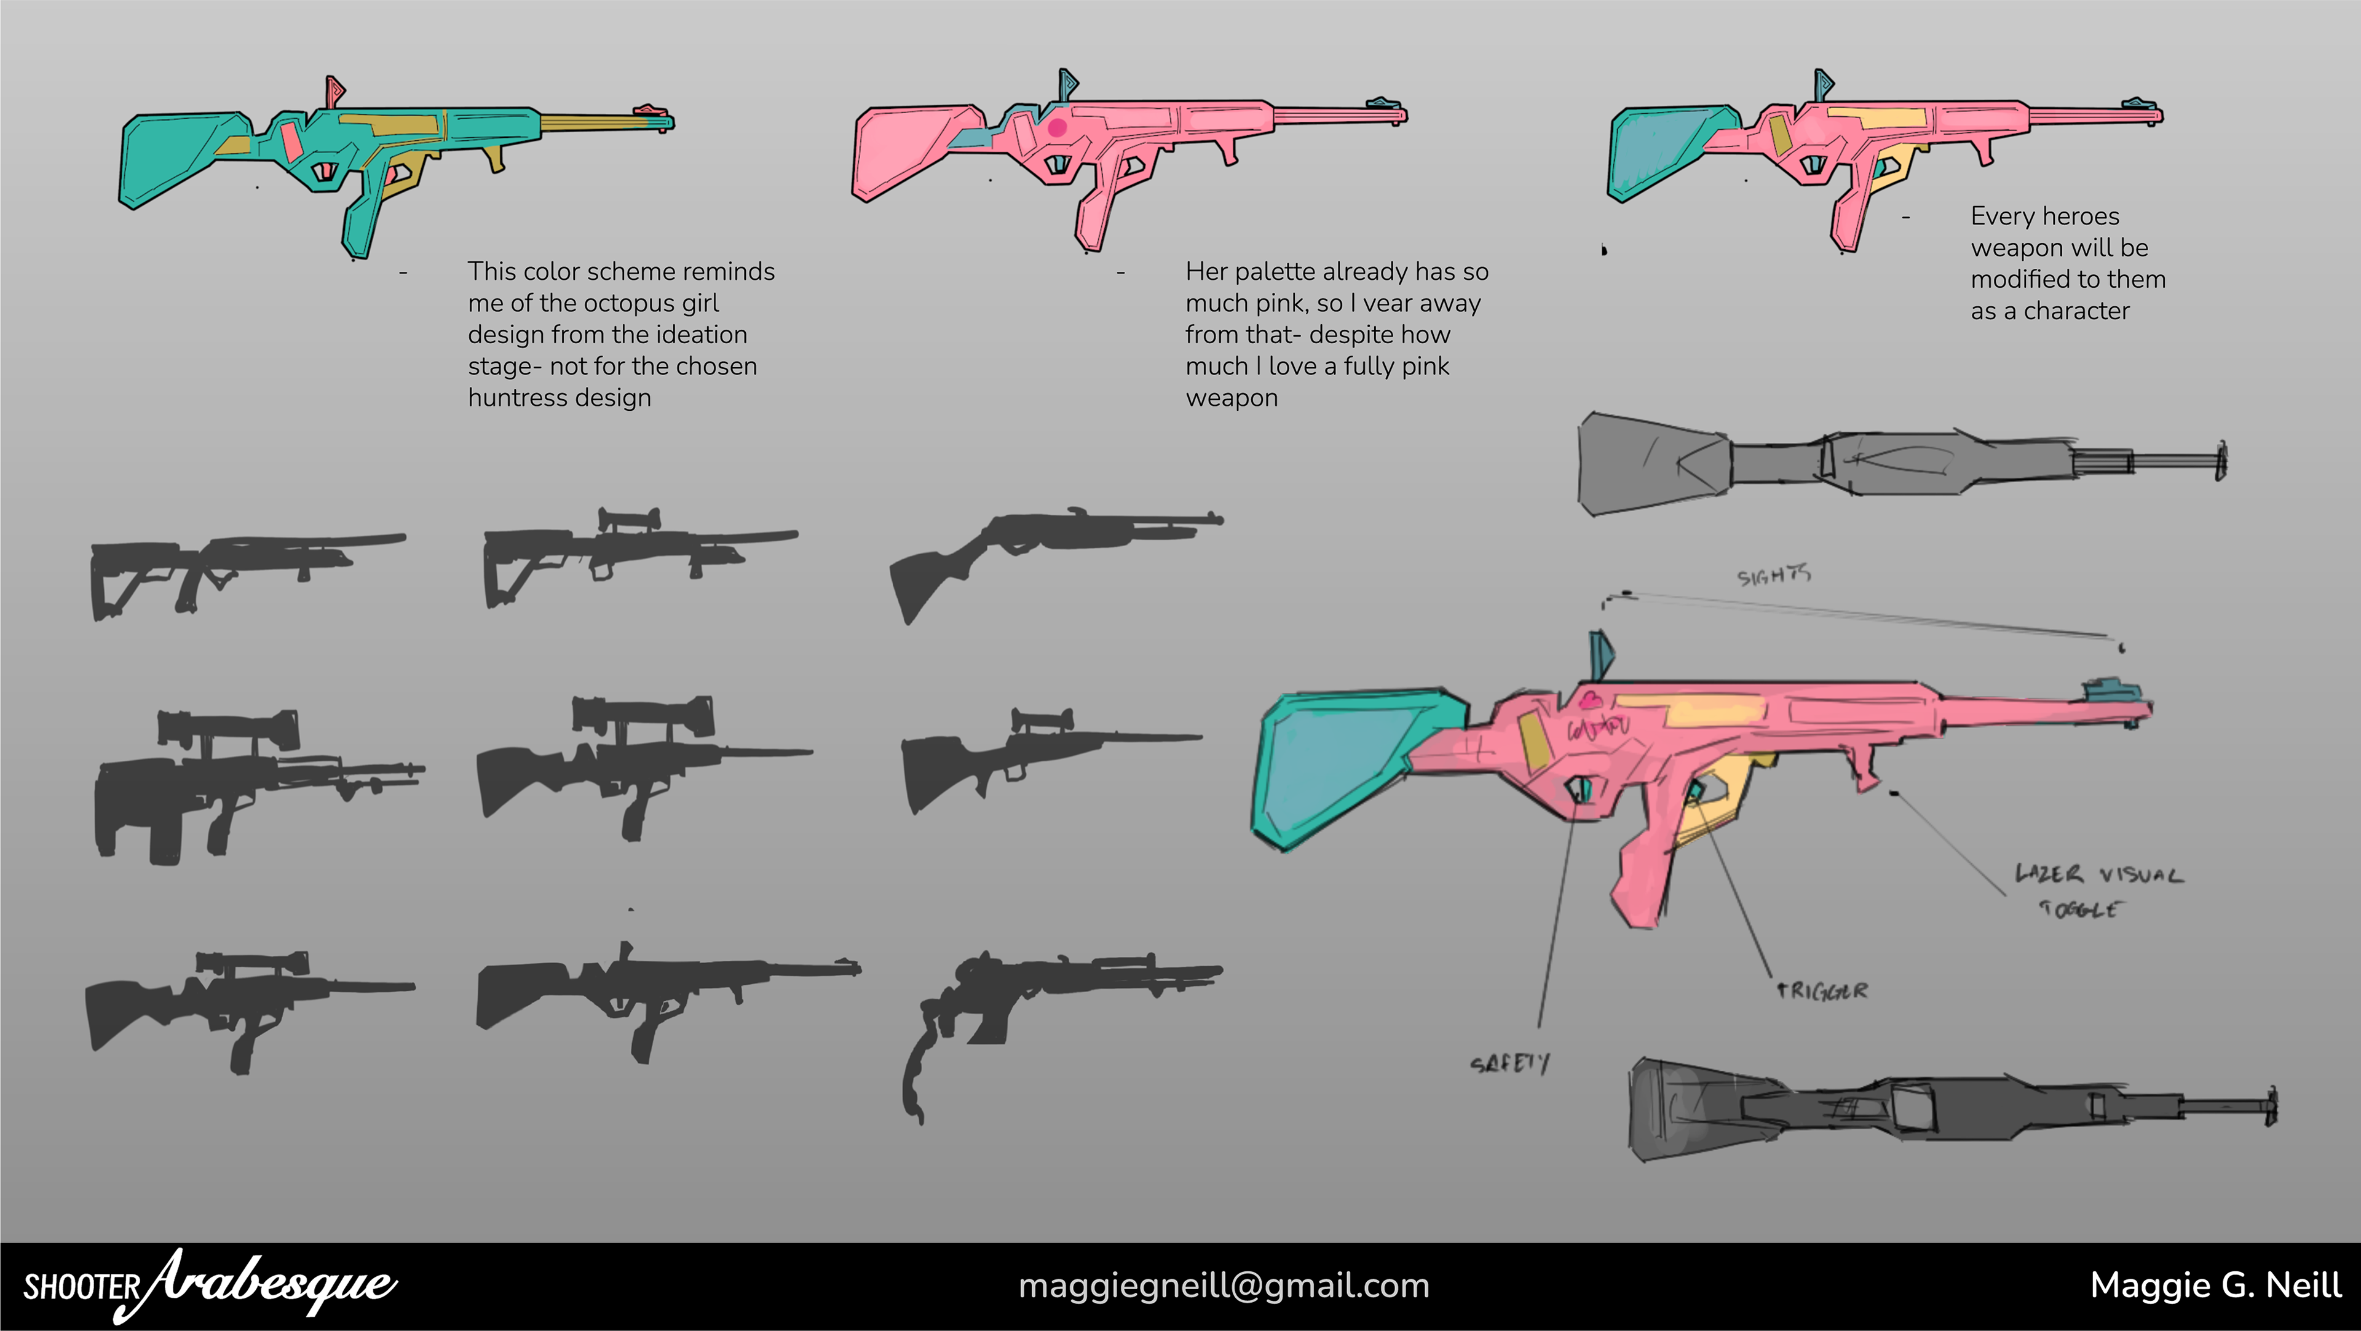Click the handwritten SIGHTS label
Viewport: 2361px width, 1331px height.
tap(1773, 574)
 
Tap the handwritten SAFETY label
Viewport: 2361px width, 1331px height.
tap(1509, 1063)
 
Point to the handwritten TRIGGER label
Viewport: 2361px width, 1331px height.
tap(1822, 991)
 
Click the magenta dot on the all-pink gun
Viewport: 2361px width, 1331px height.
tap(1057, 127)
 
